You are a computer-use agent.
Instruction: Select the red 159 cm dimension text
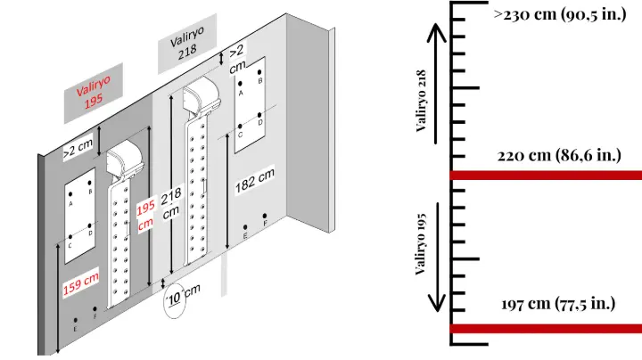(x=81, y=283)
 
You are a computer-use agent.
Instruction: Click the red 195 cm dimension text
(x=146, y=214)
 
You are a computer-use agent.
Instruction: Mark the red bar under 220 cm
(x=545, y=175)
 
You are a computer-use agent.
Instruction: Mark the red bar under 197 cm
(x=545, y=329)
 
